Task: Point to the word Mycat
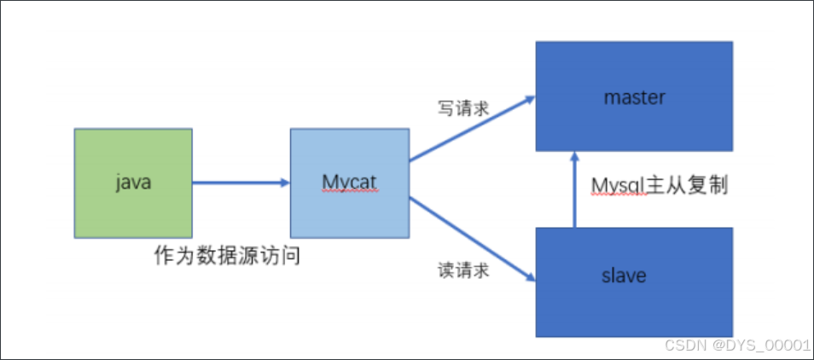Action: click(350, 183)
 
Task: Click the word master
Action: click(634, 97)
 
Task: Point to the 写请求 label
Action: click(463, 108)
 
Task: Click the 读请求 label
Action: click(463, 271)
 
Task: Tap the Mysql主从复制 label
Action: click(660, 186)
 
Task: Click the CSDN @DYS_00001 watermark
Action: click(737, 345)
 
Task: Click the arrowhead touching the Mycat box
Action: click(285, 183)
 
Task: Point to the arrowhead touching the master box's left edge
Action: click(529, 99)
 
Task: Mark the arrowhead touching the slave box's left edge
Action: click(530, 276)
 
